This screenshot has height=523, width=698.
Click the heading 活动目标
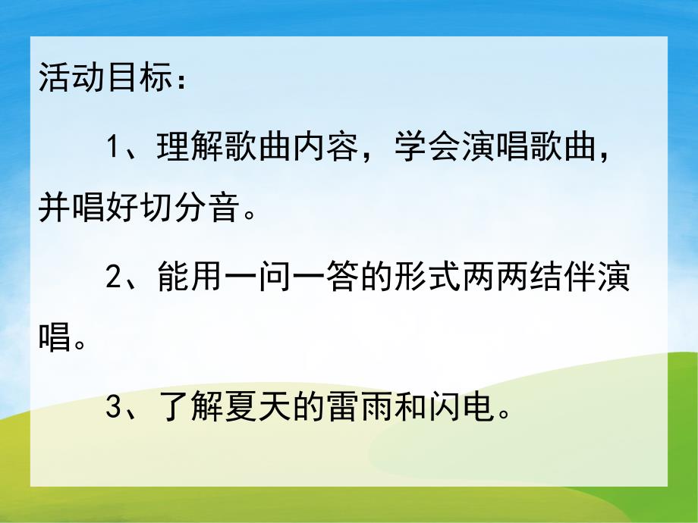coord(101,80)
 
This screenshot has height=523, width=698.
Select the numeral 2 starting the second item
coord(114,278)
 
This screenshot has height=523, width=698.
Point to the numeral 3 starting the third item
coord(114,410)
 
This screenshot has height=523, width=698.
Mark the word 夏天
coord(256,410)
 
